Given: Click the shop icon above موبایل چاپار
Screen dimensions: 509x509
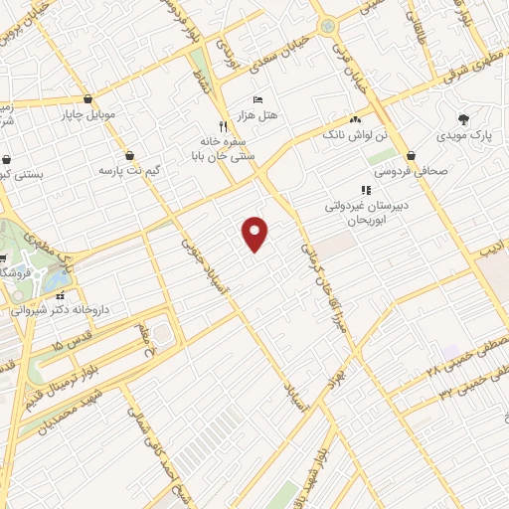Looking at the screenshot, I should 89,99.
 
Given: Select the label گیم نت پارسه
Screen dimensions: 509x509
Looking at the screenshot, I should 122,171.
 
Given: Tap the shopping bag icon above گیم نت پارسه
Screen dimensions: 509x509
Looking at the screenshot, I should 131,155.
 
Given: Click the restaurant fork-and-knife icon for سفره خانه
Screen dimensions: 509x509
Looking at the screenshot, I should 224,126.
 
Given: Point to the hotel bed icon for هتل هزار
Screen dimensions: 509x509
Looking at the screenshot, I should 259,100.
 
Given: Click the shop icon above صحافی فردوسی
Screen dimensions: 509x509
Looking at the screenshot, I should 411,155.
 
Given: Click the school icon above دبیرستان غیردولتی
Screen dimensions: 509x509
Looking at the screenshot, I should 365,190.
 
